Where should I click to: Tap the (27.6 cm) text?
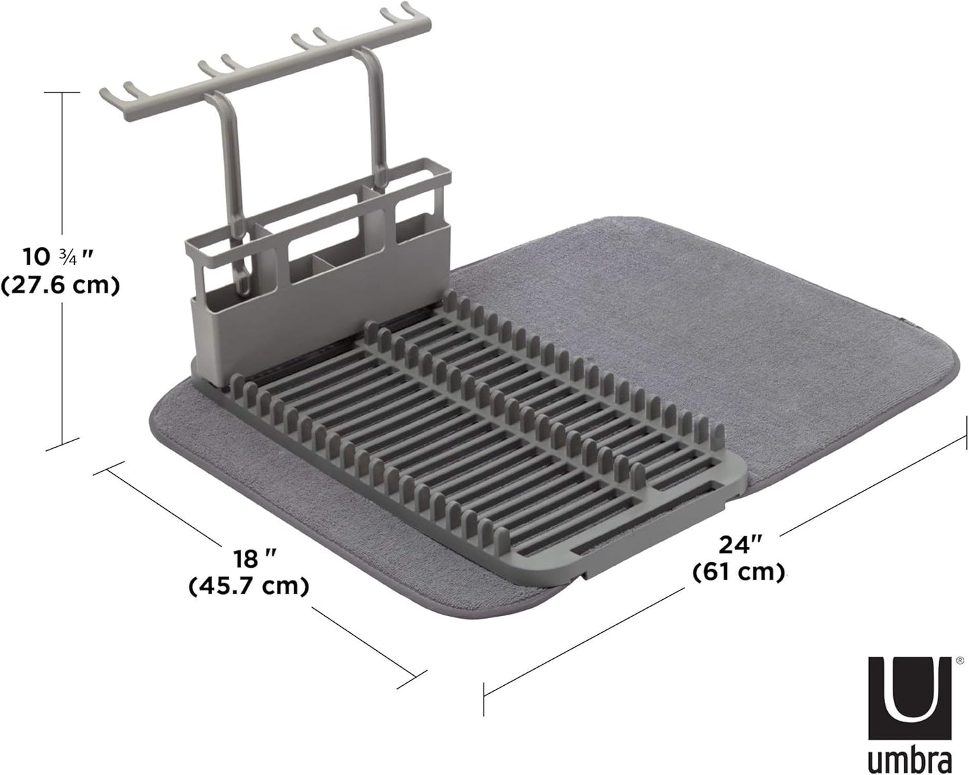[x=60, y=286]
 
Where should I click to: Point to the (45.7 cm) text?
[x=249, y=586]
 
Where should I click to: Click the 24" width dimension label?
[x=738, y=544]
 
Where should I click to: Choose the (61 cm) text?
[x=738, y=572]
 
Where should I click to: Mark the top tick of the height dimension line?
[x=62, y=93]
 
